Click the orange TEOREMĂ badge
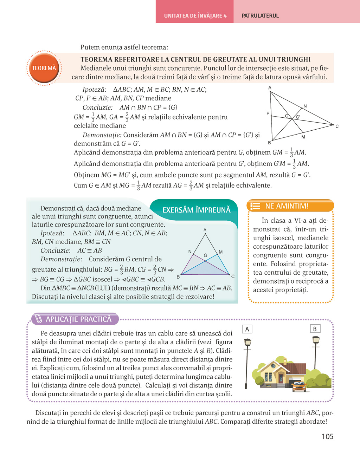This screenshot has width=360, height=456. tap(44, 68)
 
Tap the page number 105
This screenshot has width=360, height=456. tap(327, 436)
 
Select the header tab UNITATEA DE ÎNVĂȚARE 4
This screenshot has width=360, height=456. tap(195, 16)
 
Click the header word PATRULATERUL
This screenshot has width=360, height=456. tap(260, 16)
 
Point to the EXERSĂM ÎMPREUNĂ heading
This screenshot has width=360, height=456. tap(196, 210)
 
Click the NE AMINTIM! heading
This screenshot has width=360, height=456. tap(287, 206)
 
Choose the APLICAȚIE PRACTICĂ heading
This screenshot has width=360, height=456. tap(78, 319)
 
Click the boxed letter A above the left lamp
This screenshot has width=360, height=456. tap(247, 329)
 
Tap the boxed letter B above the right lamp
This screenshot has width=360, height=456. tap(315, 329)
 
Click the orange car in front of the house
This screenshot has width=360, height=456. tap(299, 386)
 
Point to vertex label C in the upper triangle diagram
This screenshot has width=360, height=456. tap(337, 126)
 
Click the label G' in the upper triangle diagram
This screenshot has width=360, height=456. tap(298, 117)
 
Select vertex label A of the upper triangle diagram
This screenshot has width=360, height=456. tap(270, 88)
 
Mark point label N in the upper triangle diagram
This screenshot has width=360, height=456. tap(305, 106)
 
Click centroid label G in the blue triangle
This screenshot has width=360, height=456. tap(205, 255)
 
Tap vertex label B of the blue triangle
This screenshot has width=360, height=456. tap(178, 277)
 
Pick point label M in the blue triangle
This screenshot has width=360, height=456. tap(221, 252)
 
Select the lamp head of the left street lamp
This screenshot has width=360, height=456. tap(247, 342)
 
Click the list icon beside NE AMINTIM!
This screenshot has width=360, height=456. tap(255, 206)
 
